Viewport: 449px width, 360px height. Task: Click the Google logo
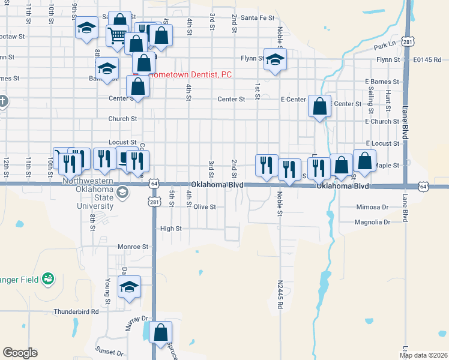20,353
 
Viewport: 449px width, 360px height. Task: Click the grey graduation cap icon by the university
122,192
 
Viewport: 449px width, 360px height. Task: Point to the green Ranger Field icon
48,278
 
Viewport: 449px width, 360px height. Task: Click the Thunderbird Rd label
76,311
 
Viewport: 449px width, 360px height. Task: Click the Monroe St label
133,247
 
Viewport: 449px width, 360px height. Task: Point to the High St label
170,229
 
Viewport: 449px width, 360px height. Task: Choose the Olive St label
204,206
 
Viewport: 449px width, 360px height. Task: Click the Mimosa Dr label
373,207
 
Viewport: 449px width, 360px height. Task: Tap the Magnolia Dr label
372,222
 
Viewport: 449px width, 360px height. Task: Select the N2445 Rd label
280,294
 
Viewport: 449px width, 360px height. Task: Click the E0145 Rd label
427,60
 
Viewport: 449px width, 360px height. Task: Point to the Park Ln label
385,46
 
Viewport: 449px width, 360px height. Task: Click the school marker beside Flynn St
276,59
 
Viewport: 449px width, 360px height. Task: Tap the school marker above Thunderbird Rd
128,287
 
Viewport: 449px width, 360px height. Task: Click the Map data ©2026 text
423,355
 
